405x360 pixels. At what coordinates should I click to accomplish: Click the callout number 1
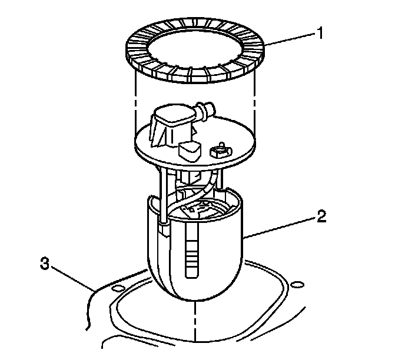pos(320,34)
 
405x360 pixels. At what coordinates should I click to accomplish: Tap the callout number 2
pos(321,217)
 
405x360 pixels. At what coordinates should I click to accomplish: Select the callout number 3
pos(45,264)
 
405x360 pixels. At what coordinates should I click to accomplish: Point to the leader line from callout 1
pos(290,39)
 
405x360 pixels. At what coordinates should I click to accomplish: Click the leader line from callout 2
pos(280,228)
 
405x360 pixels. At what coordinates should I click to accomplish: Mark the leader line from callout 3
pos(73,279)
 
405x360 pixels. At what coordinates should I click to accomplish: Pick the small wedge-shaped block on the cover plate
pos(190,152)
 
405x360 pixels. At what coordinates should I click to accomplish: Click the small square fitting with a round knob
pos(221,151)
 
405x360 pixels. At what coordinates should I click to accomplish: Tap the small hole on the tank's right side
pos(297,285)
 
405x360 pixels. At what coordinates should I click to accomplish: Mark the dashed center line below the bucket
pos(195,321)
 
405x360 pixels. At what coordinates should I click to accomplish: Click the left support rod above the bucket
pos(163,194)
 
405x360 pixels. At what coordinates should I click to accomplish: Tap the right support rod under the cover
pos(220,179)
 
